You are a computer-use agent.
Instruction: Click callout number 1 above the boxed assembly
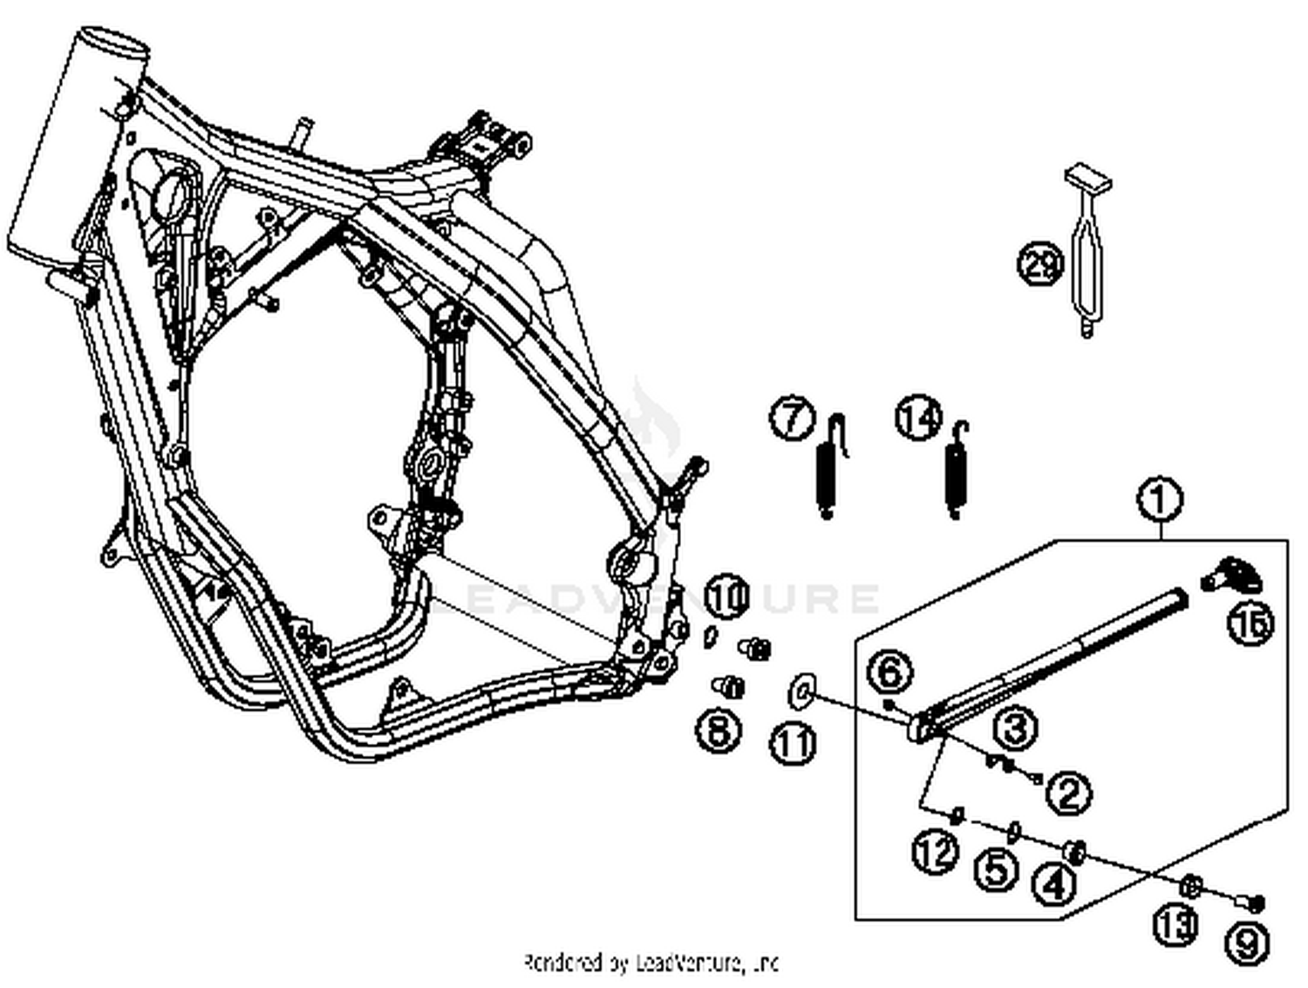tap(1160, 500)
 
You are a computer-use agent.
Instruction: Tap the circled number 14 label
tap(919, 418)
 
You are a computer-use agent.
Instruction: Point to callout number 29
tap(1040, 262)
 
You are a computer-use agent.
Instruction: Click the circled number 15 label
tap(1250, 623)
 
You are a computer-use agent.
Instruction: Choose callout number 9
tap(1247, 943)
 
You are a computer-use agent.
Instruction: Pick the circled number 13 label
tap(1175, 923)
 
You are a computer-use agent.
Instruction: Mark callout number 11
tap(793, 743)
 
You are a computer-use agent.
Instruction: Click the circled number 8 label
tap(719, 729)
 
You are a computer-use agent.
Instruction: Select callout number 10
tap(727, 597)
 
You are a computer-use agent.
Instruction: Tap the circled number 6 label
tap(889, 671)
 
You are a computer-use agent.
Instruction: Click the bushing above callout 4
tap(1074, 851)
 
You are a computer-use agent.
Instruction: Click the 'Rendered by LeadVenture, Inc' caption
tap(651, 963)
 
